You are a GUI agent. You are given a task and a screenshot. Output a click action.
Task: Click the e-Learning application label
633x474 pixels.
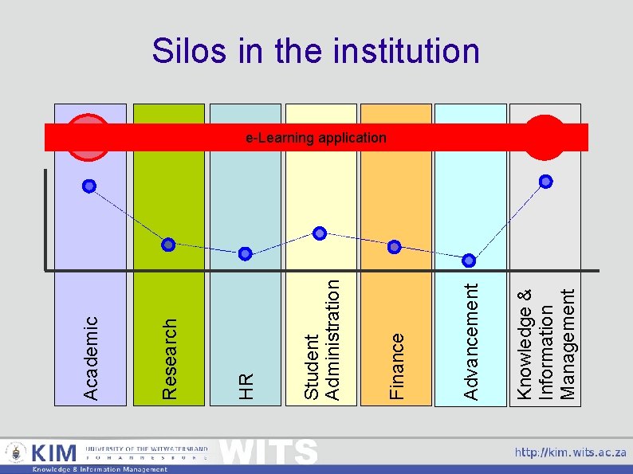316,138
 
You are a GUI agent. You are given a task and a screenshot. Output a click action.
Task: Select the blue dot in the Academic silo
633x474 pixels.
89,186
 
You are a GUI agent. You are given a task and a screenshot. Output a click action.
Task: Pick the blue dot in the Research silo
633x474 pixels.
168,244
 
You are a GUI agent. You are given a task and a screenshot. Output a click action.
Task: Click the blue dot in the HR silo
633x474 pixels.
245,253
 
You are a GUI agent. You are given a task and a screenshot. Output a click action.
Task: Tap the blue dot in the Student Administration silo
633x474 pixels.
320,233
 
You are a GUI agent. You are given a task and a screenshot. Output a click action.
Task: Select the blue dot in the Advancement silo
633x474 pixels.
470,260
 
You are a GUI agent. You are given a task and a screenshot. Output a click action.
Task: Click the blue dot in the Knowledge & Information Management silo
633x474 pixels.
546,182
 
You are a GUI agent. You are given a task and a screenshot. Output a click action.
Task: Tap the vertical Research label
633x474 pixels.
169,358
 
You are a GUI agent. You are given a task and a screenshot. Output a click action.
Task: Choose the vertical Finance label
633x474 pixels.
396,366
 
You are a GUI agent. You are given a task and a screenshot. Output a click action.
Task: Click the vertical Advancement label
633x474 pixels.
471,341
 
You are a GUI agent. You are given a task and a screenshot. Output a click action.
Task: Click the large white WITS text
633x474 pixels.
268,452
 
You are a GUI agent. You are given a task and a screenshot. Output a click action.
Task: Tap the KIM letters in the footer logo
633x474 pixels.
54,453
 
